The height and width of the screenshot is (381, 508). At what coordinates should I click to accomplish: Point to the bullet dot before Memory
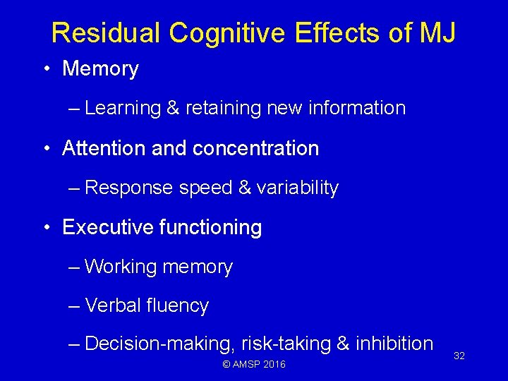45,69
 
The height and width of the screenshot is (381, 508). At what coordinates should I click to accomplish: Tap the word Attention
102,148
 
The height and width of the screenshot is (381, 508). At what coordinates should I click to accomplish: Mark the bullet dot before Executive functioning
45,228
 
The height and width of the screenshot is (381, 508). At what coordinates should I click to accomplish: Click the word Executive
103,227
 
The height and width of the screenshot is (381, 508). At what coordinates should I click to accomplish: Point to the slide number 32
459,356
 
